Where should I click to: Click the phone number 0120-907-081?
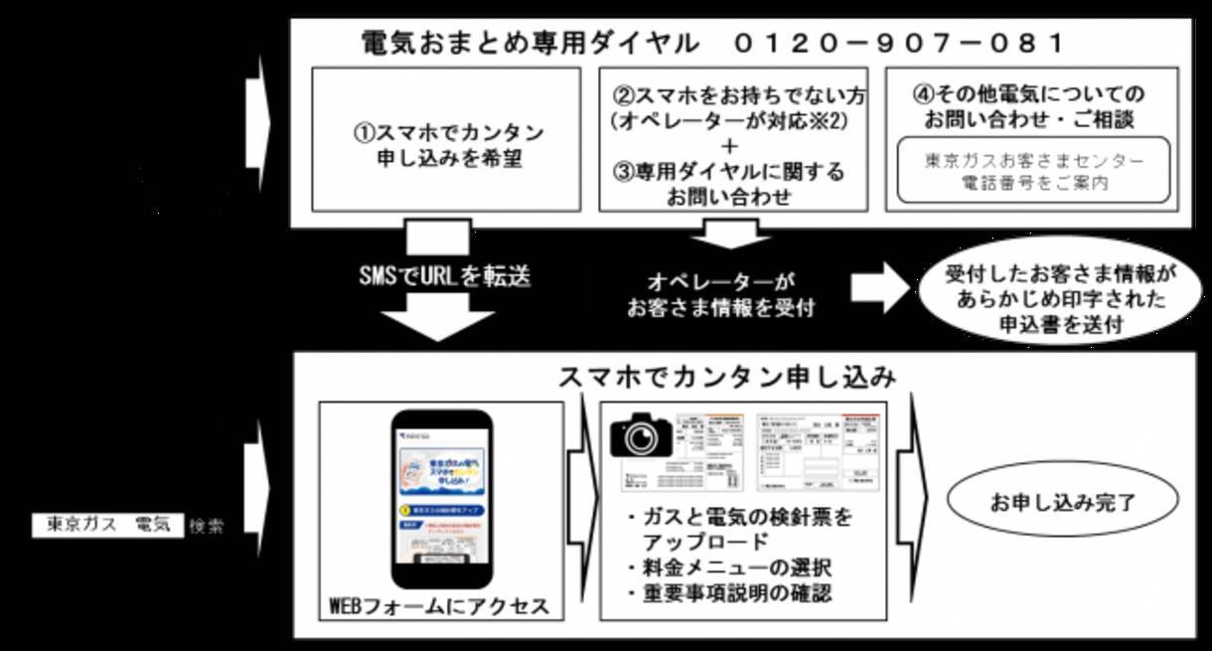pos(900,43)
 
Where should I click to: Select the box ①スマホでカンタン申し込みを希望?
pos(447,140)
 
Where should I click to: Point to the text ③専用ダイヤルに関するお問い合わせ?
pos(730,184)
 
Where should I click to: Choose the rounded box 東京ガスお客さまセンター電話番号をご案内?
pos(1033,171)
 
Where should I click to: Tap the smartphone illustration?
pos(441,498)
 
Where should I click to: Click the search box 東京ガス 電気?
pos(109,525)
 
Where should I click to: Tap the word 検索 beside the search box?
pos(207,526)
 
